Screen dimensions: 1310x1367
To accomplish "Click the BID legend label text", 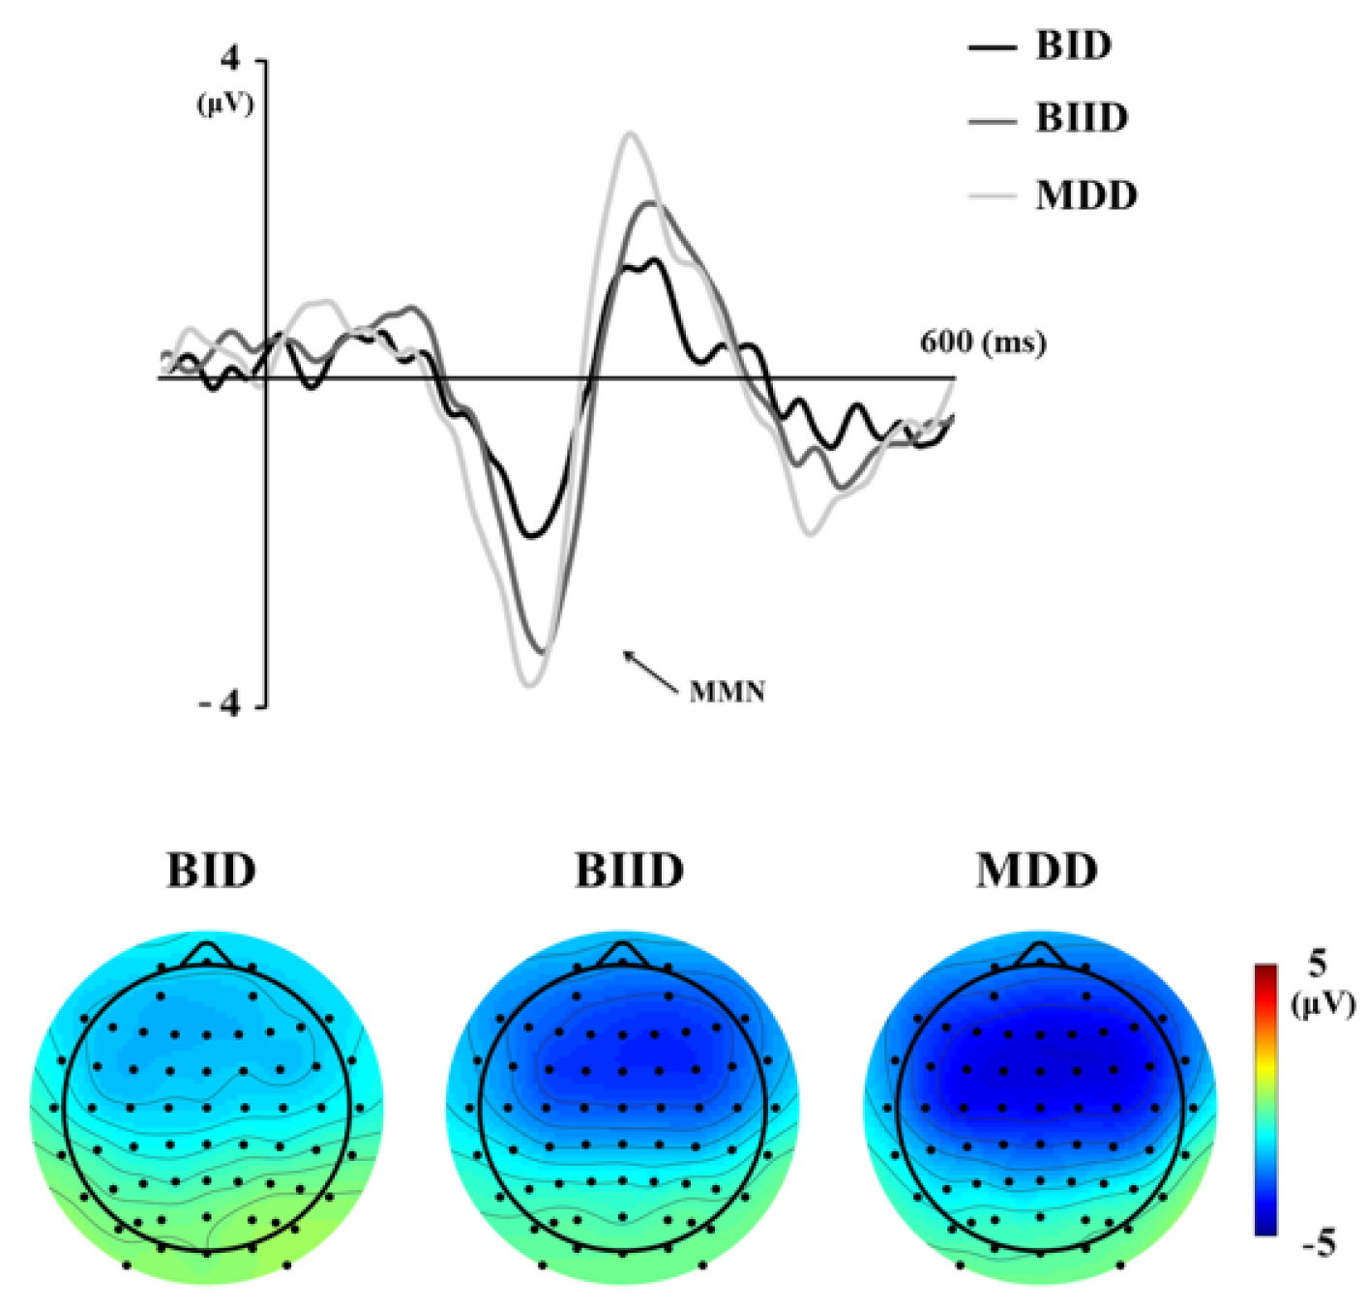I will (1073, 45).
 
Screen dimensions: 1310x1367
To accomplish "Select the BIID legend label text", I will (1082, 118).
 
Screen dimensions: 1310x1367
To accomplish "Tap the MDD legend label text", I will (1085, 195).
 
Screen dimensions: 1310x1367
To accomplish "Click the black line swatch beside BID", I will (992, 46).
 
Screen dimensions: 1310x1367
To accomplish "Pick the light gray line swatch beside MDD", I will (992, 196).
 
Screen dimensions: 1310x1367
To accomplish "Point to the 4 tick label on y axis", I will (229, 60).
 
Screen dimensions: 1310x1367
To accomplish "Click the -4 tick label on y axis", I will (220, 704).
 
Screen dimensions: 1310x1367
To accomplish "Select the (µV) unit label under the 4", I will (225, 104).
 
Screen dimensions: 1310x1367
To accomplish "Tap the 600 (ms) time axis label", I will (982, 342).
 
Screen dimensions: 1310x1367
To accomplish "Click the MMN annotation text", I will (727, 692).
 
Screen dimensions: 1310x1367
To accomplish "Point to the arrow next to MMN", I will (650, 671).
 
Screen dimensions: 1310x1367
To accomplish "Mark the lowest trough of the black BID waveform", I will (530, 535).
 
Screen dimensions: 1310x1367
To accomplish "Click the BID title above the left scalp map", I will (211, 870).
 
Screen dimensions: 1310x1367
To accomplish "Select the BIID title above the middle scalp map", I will (629, 870).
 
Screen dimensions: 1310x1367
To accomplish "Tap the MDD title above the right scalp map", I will (1036, 870).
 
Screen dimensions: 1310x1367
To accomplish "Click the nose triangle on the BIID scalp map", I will (623, 954).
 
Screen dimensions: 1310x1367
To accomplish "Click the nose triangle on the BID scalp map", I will (206, 954).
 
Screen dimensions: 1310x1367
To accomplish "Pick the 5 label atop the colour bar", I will (1317, 963).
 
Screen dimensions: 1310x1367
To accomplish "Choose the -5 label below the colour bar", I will (1318, 1243).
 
